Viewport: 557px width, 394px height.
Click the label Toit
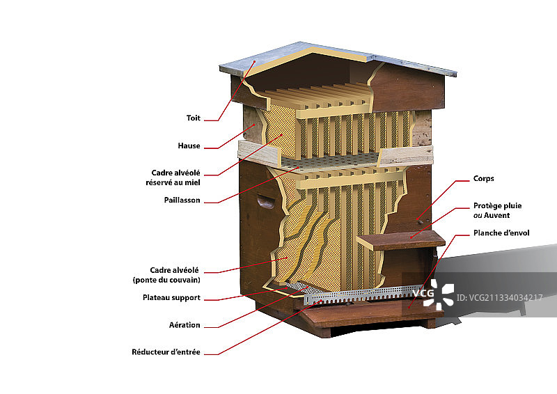pyautogui.click(x=193, y=118)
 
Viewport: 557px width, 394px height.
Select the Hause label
pyautogui.click(x=189, y=146)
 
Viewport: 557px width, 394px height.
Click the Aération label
pyautogui.click(x=185, y=325)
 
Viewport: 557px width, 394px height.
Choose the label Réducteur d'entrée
pyautogui.click(x=166, y=352)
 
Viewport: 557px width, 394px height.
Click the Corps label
pyautogui.click(x=483, y=179)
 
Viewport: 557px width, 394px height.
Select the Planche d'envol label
pyautogui.click(x=501, y=233)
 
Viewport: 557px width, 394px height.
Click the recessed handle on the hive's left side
pyautogui.click(x=265, y=203)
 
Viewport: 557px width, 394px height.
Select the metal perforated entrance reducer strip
pyautogui.click(x=362, y=294)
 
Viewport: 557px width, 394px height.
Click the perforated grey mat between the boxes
pyautogui.click(x=334, y=164)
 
